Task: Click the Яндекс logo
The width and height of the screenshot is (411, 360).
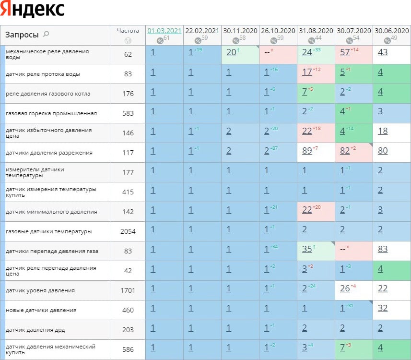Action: pos(33,10)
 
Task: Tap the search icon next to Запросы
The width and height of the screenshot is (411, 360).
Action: pos(46,34)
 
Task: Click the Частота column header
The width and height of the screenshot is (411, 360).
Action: pos(128,30)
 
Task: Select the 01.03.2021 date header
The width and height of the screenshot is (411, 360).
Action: pos(164,30)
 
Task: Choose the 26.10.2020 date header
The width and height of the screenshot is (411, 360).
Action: pos(278,30)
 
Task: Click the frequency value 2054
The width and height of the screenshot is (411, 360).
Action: pos(128,232)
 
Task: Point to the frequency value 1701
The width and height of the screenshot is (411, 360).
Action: pos(128,290)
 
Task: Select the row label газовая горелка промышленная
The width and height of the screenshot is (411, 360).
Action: pos(51,113)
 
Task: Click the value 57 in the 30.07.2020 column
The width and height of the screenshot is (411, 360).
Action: pos(344,52)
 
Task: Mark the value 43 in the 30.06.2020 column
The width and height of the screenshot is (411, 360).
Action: pos(382,52)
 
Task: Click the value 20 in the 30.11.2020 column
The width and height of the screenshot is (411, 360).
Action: pos(231,52)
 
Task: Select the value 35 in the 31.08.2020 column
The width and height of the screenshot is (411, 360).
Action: pos(307,249)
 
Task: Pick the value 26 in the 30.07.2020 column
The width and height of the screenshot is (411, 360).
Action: pos(344,288)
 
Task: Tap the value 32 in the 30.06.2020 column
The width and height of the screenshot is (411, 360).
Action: pos(382,308)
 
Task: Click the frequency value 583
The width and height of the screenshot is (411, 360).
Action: pos(128,113)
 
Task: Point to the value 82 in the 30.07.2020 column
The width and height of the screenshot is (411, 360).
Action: pos(344,151)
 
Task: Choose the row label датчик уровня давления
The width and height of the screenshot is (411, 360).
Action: pos(40,290)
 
